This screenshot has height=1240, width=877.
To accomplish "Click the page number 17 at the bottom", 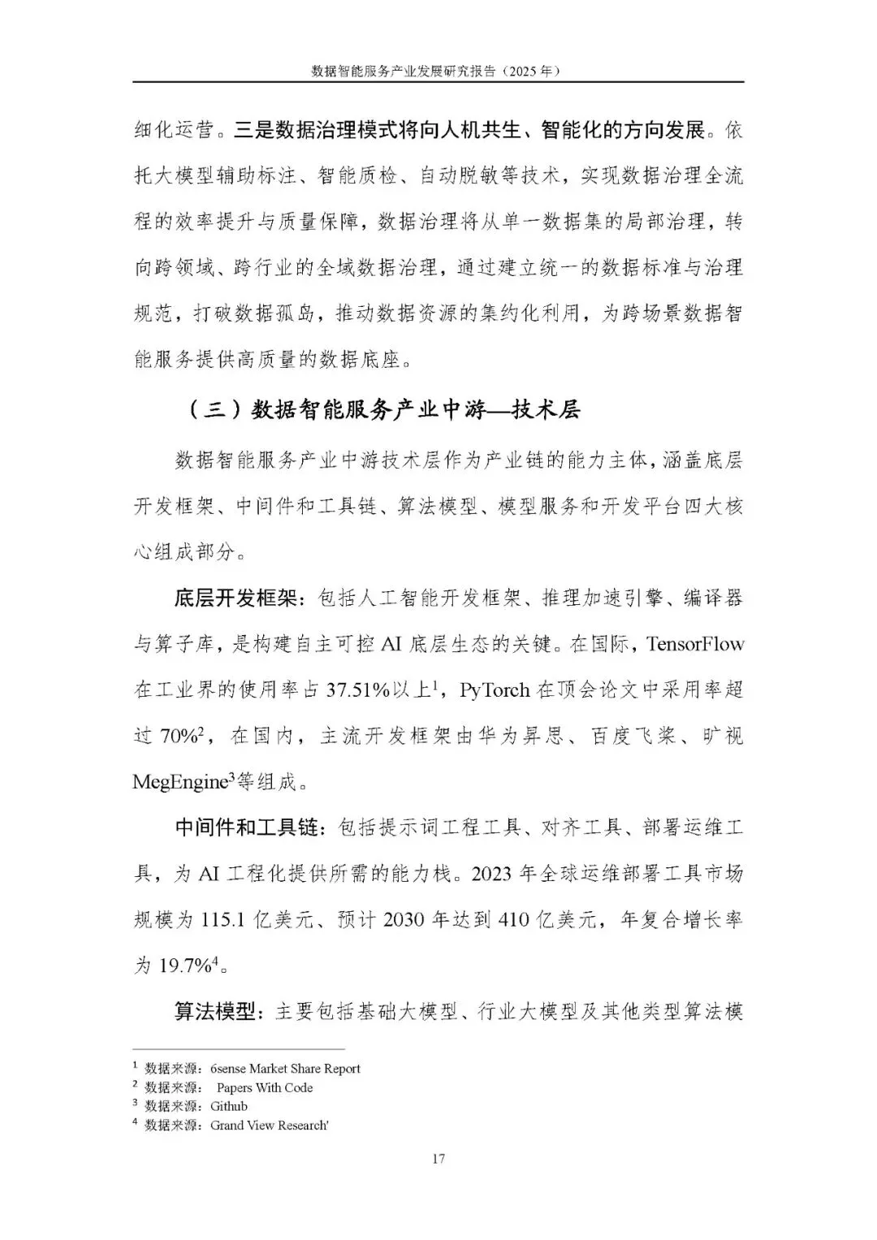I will tap(438, 1159).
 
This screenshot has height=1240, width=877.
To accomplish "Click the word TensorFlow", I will tap(695, 644).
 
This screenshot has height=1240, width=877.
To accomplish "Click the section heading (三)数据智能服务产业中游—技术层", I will tap(384, 410).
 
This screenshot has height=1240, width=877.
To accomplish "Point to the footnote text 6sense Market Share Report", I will tap(285, 1069).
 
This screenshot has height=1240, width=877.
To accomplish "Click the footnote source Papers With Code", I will tap(265, 1087).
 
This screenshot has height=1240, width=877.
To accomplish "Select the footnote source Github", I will tap(229, 1106).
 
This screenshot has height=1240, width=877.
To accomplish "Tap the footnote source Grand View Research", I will tap(269, 1125).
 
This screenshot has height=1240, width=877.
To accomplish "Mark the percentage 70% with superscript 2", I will tap(179, 737).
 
